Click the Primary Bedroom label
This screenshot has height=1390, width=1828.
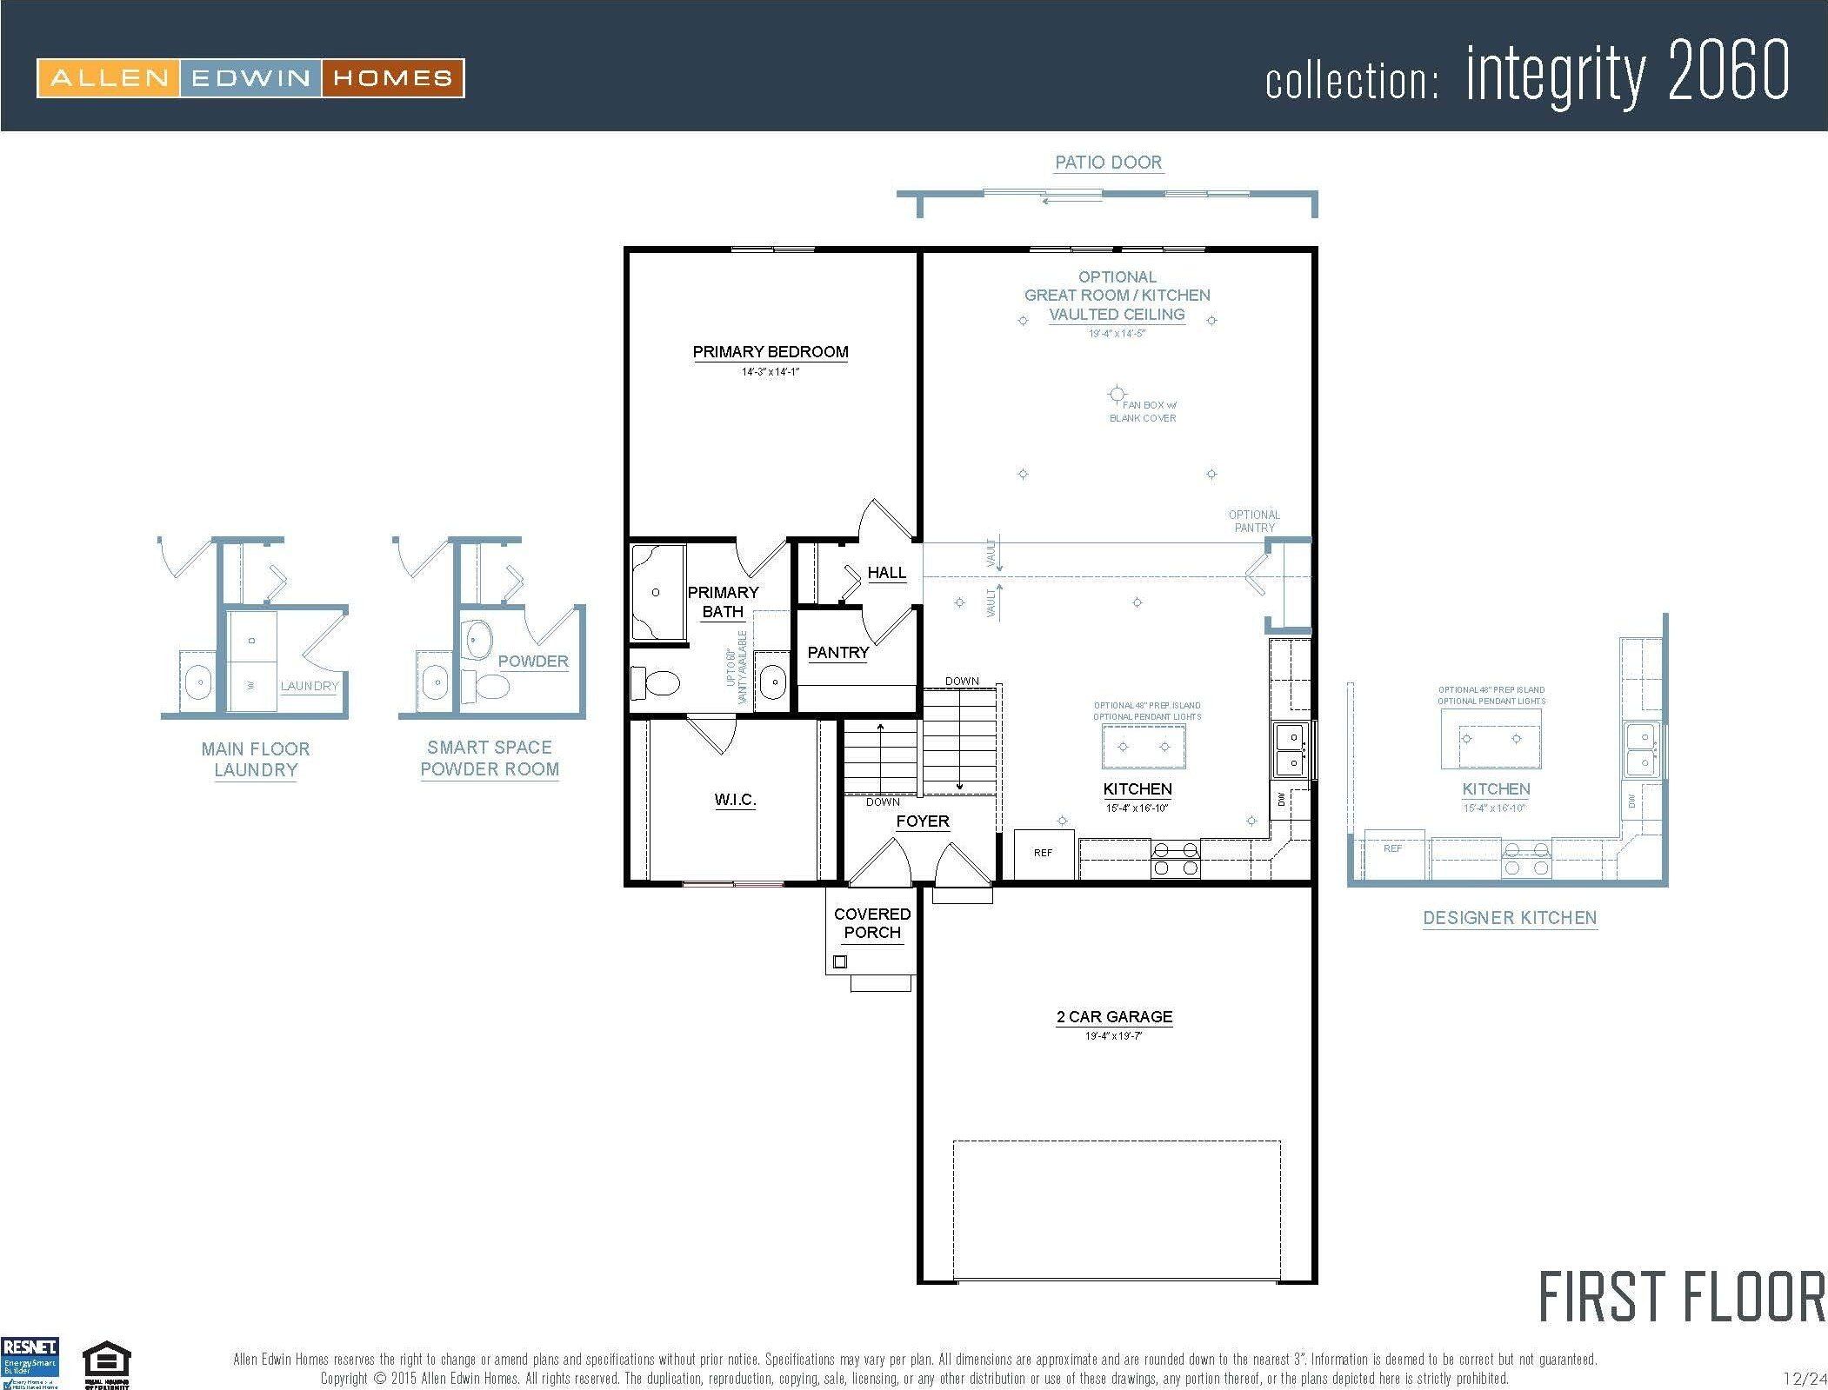[770, 352]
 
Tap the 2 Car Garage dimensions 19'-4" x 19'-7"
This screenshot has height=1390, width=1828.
[1114, 1036]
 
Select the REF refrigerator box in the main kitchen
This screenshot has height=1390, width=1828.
[1044, 854]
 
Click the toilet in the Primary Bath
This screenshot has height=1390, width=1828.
[654, 682]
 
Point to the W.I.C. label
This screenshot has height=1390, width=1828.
[735, 800]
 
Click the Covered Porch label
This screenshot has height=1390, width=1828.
[871, 923]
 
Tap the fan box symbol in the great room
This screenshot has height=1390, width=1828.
[1117, 395]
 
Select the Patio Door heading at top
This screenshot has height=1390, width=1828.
[1108, 163]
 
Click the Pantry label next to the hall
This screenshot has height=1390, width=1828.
[837, 653]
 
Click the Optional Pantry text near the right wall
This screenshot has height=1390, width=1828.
[1254, 521]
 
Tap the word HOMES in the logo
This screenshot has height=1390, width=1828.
[392, 78]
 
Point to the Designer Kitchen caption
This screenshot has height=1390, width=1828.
[1509, 918]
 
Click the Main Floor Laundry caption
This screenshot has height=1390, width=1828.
[255, 759]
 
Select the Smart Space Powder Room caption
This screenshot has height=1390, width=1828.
[489, 758]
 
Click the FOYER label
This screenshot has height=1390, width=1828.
[923, 821]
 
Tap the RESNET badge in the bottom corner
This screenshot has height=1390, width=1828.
[30, 1362]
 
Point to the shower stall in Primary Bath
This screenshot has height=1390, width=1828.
[657, 593]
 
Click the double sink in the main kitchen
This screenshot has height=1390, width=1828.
[1291, 749]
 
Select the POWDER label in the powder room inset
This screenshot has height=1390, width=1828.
[532, 662]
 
